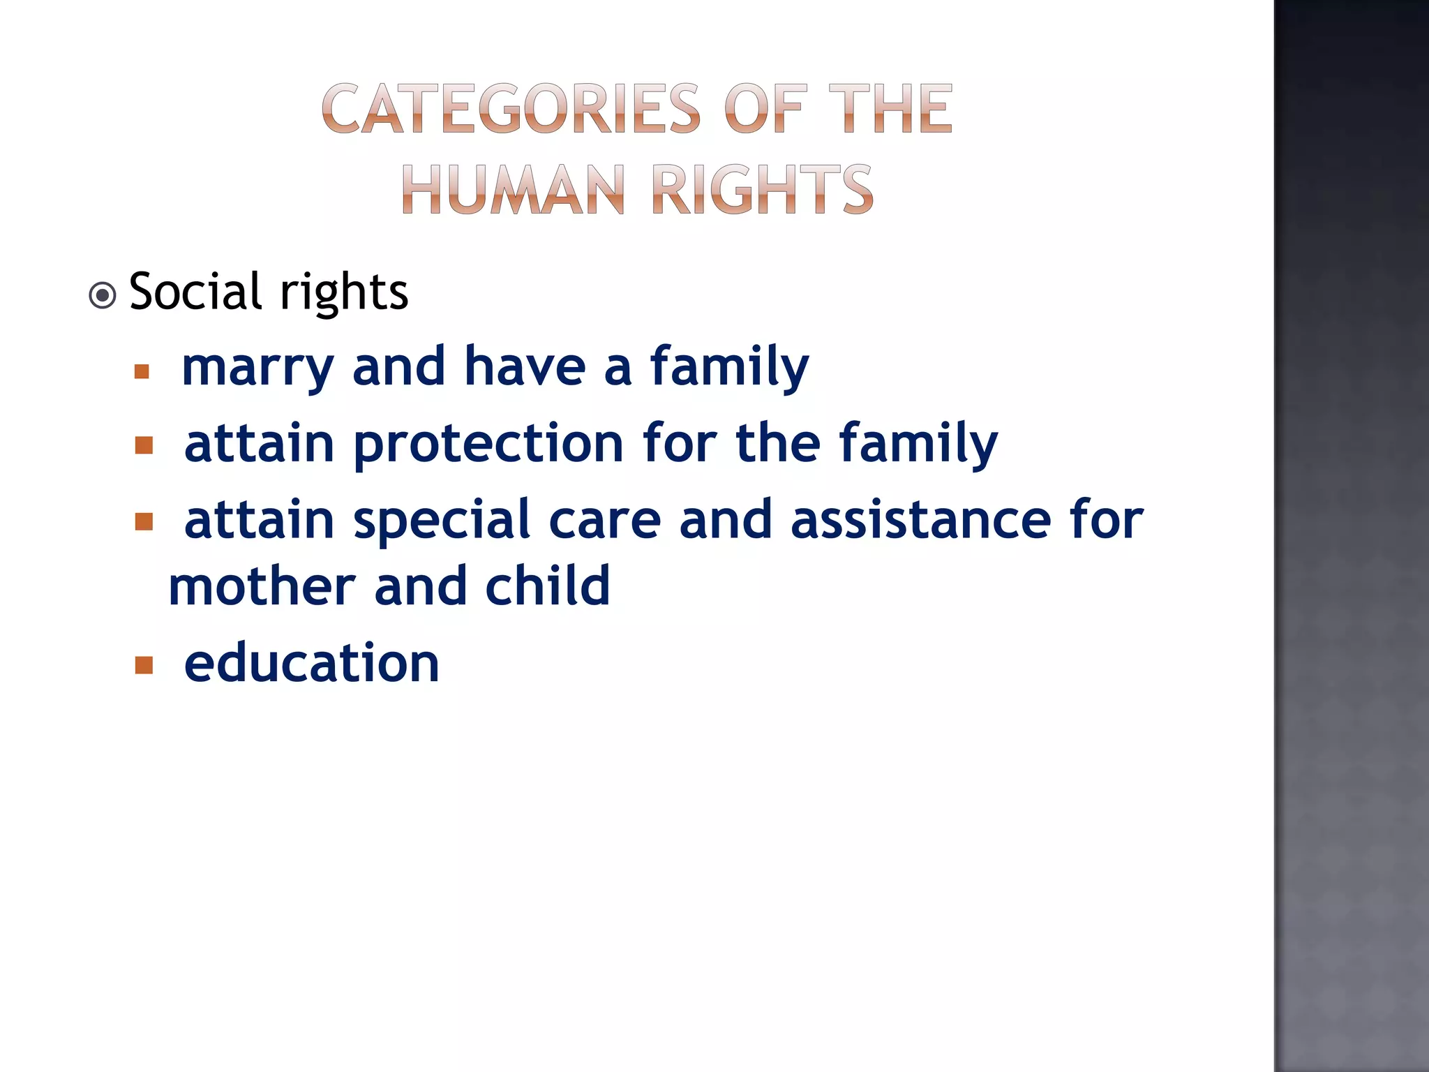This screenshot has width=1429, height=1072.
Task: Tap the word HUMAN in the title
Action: [x=512, y=189]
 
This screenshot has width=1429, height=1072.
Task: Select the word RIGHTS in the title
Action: [x=761, y=189]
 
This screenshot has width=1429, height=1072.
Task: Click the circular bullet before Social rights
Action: [x=103, y=295]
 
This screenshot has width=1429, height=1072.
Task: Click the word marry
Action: [x=257, y=367]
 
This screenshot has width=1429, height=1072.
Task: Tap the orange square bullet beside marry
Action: [x=142, y=371]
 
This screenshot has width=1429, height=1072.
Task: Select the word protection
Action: [x=488, y=444]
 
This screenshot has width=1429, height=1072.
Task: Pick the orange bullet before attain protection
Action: [x=144, y=445]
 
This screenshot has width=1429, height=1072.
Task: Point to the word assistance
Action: [x=920, y=521]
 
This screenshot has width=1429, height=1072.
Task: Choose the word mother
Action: [x=262, y=586]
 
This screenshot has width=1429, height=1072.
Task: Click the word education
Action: [x=311, y=663]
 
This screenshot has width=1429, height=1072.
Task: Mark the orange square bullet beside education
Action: [x=144, y=664]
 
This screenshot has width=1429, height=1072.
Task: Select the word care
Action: [x=604, y=521]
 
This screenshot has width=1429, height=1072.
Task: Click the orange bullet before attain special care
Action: [x=144, y=521]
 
